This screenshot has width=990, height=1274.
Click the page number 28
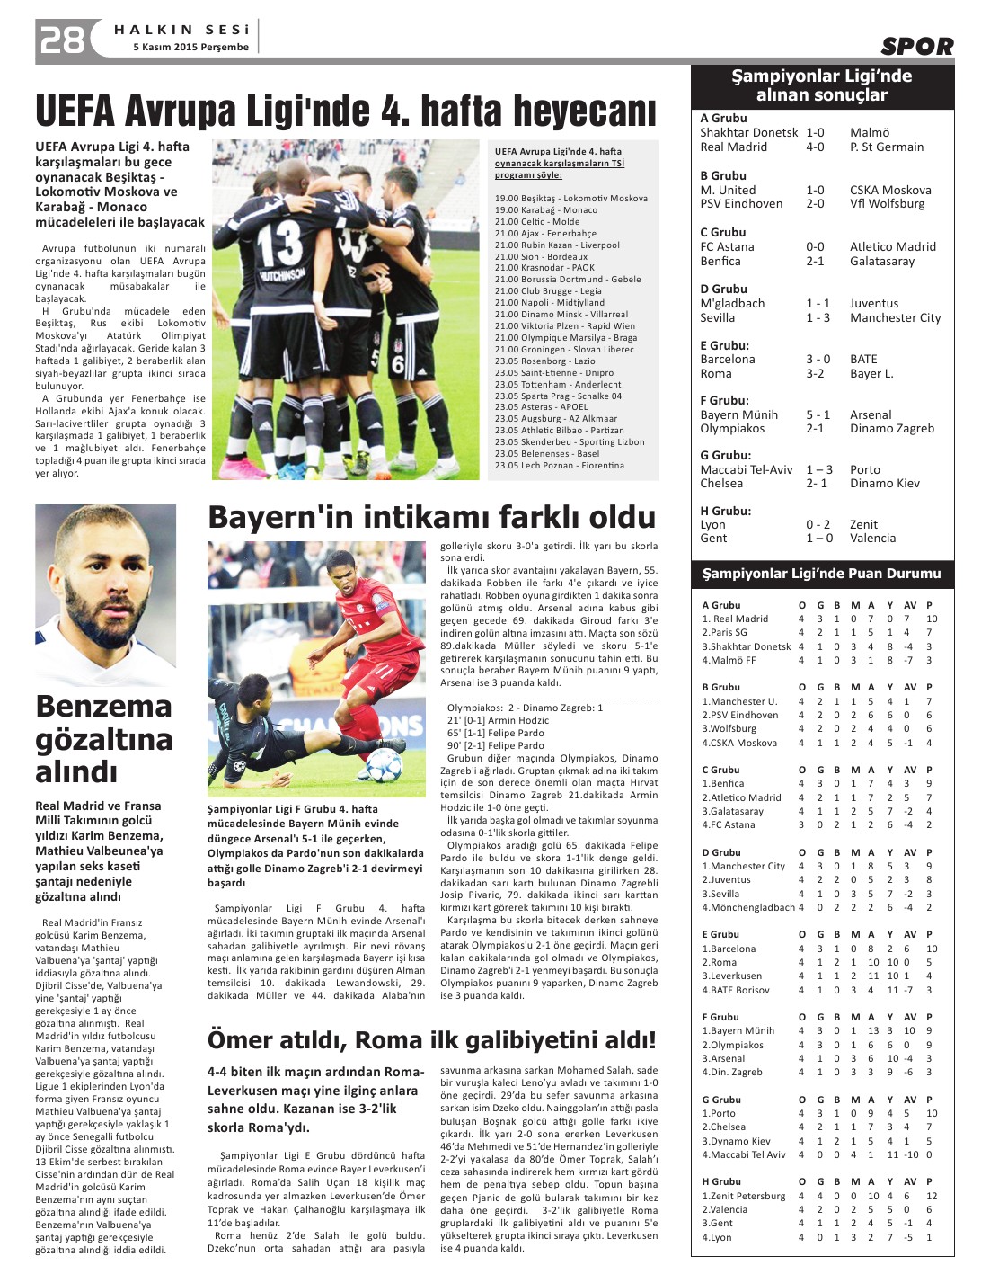point(61,40)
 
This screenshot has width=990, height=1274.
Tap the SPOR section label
point(916,47)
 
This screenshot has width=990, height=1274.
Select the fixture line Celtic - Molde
point(536,221)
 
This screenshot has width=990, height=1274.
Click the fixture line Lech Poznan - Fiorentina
point(559,466)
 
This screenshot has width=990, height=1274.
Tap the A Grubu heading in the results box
point(723,118)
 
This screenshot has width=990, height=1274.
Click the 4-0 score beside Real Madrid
point(815,147)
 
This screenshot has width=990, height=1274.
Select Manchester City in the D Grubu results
point(895,317)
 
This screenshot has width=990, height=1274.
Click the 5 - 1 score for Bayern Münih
point(818,414)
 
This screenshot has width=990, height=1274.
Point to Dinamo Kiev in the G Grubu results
point(884,483)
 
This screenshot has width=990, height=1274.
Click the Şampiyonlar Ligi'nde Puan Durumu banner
point(821,573)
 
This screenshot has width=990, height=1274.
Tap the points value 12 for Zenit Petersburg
point(932,1196)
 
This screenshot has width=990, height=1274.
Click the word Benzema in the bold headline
point(103,707)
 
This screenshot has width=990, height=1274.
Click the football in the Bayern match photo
point(385,765)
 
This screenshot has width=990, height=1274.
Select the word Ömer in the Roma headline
point(241,1040)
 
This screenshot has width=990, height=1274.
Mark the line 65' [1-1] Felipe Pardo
point(495,733)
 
